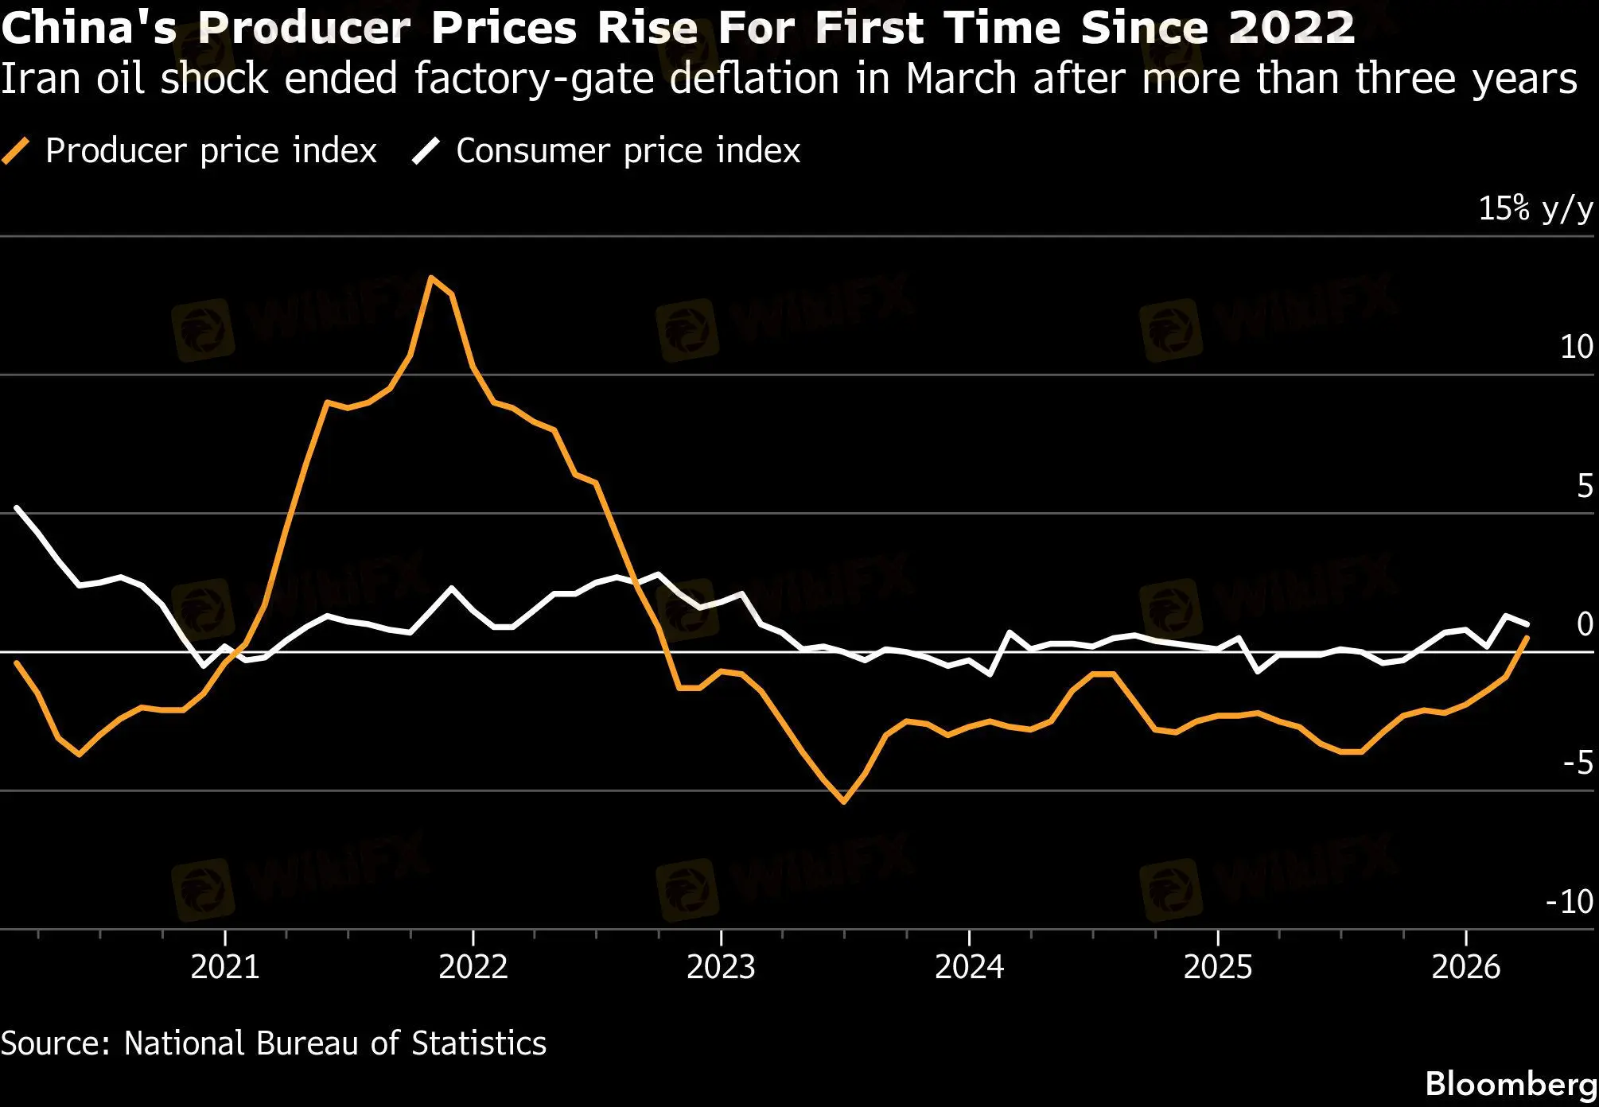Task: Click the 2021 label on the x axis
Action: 225,967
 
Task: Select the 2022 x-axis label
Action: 473,967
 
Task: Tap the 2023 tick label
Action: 721,967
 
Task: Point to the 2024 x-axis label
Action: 969,967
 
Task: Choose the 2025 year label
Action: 1217,967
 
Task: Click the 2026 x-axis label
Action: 1465,967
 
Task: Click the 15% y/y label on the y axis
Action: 1535,209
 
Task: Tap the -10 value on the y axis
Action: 1569,902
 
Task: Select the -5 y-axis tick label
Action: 1578,763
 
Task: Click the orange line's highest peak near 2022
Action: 431,278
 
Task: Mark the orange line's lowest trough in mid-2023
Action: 844,802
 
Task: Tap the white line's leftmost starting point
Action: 17,507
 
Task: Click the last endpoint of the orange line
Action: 1527,638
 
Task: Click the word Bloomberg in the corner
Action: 1511,1083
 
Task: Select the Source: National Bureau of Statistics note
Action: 273,1043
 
